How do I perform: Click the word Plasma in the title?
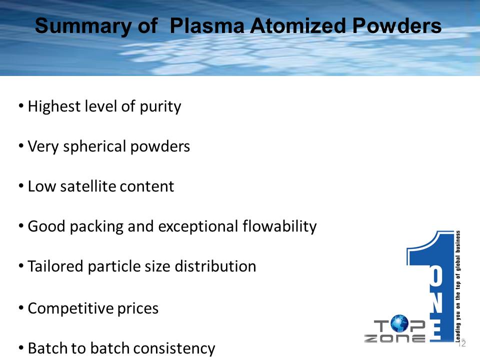coord(206,25)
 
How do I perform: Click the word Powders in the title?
coord(397,25)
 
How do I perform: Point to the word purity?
coord(160,107)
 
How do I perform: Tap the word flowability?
coord(279,227)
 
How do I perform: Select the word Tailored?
coord(55,266)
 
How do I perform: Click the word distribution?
coord(215,266)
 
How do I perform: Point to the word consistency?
coord(174,348)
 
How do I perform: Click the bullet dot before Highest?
coord(21,106)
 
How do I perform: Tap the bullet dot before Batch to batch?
coord(21,348)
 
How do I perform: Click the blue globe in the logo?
coord(399,323)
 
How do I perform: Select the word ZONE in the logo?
coord(394,338)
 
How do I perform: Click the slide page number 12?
coord(462,343)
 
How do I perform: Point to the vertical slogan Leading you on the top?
coord(457,286)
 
